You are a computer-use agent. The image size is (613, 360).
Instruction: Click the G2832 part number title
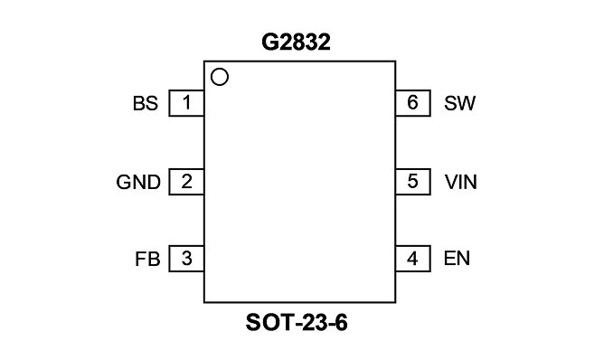pyautogui.click(x=296, y=43)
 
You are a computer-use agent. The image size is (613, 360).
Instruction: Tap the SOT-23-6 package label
pyautogui.click(x=297, y=323)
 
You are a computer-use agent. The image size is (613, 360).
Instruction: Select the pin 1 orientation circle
pyautogui.click(x=220, y=77)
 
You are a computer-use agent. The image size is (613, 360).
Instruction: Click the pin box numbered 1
pyautogui.click(x=186, y=103)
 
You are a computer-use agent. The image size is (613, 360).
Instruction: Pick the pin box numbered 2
pyautogui.click(x=186, y=182)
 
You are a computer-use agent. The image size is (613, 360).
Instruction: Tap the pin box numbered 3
pyautogui.click(x=186, y=259)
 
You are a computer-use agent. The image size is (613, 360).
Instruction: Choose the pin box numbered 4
pyautogui.click(x=413, y=259)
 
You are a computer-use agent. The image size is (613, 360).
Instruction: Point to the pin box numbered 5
pyautogui.click(x=413, y=182)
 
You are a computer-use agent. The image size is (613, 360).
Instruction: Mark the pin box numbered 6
pyautogui.click(x=413, y=103)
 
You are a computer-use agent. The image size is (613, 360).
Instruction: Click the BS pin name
pyautogui.click(x=146, y=104)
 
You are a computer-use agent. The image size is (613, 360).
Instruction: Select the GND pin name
pyautogui.click(x=138, y=183)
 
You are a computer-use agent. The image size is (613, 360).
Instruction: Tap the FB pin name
pyautogui.click(x=147, y=259)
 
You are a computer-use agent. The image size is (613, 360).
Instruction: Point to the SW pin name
pyautogui.click(x=459, y=103)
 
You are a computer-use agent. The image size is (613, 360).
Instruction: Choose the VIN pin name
pyautogui.click(x=461, y=182)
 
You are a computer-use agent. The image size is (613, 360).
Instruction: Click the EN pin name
pyautogui.click(x=457, y=259)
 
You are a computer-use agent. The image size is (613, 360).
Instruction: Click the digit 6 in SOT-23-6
pyautogui.click(x=341, y=323)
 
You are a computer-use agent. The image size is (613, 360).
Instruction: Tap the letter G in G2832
pyautogui.click(x=269, y=43)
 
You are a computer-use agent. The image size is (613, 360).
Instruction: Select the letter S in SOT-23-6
pyautogui.click(x=253, y=323)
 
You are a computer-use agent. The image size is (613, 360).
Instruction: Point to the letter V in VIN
pyautogui.click(x=451, y=182)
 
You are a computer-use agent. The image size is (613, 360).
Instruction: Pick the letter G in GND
pyautogui.click(x=124, y=183)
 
